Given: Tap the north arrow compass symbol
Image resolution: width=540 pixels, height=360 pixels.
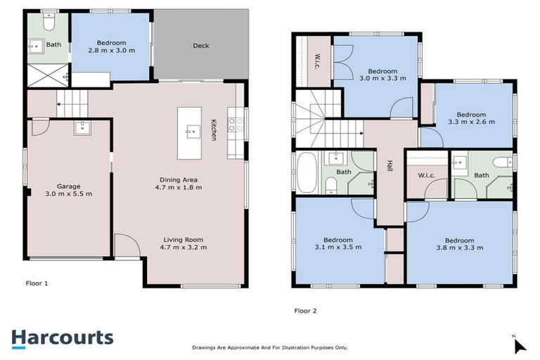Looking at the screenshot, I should point(519,345).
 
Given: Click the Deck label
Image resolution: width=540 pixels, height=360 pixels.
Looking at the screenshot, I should point(200,46).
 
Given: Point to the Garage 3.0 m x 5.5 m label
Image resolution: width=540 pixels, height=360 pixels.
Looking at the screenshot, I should point(68,190).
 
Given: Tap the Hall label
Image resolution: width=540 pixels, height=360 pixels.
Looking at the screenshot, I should point(390,167).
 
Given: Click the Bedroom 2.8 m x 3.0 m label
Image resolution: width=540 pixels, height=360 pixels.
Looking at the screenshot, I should point(112,46).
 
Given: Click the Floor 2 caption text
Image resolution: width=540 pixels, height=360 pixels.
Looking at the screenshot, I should point(307,310).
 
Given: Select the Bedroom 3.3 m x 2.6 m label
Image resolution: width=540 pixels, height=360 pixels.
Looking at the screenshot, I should point(470,118).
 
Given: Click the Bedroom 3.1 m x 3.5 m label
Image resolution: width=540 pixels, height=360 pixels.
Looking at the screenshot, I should point(338,243).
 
